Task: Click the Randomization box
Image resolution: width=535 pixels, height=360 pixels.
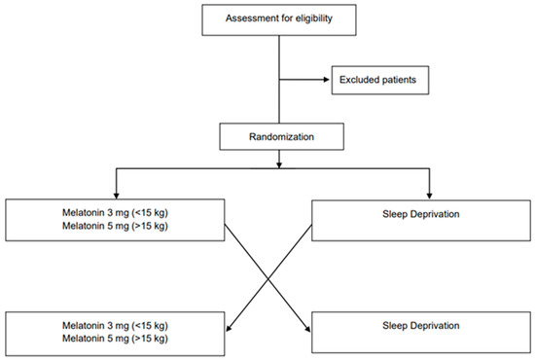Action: pyautogui.click(x=279, y=137)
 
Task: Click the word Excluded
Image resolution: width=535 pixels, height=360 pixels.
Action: pyautogui.click(x=361, y=80)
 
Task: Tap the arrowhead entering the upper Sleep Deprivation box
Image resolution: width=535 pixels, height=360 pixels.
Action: pyautogui.click(x=428, y=195)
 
